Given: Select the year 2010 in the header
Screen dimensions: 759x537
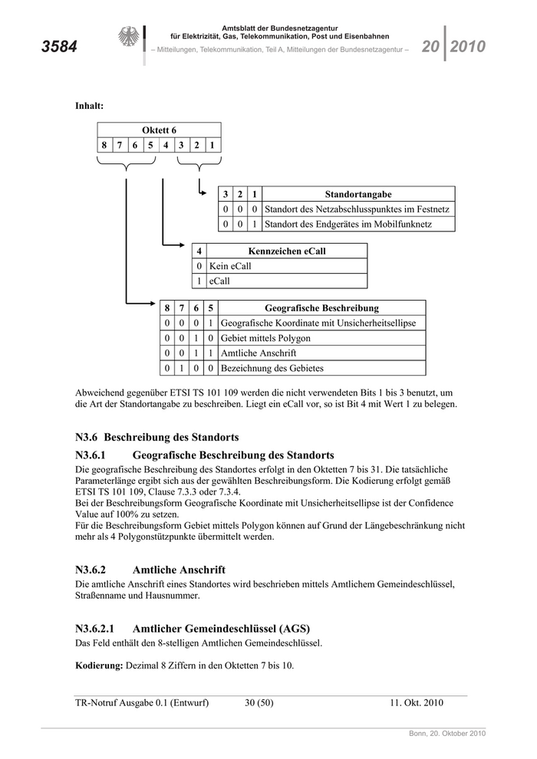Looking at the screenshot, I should tap(468, 47).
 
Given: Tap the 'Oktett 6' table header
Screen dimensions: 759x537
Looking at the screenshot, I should tap(159, 130).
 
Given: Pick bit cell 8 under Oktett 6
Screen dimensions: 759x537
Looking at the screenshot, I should tap(104, 145).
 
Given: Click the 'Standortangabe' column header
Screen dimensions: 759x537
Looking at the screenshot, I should tap(358, 194).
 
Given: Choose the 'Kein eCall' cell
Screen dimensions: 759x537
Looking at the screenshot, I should tap(230, 266).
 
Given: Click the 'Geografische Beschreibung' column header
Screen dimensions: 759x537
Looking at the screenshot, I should tap(321, 308).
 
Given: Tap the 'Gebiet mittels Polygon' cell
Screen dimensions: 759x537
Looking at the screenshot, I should tap(265, 338).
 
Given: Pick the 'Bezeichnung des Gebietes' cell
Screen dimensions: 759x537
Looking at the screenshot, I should tap(272, 368).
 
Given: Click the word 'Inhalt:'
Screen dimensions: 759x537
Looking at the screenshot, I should tap(89, 105).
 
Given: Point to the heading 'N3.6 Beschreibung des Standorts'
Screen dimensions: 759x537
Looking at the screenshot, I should tap(151, 438).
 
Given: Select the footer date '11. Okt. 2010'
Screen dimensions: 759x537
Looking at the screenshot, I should tap(417, 702).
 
